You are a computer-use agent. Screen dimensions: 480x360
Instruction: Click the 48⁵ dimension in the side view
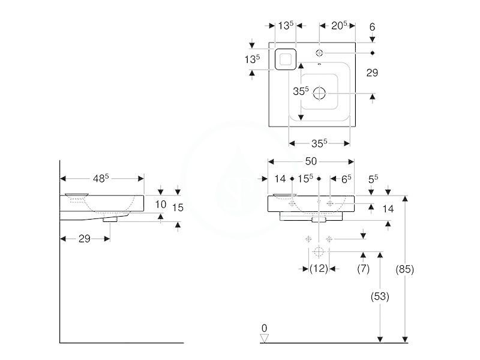coord(101,178)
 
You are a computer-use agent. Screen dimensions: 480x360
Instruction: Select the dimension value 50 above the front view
coord(311,161)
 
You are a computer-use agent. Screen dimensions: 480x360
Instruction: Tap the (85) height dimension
coord(404,269)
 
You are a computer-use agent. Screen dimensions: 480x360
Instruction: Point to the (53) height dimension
coord(380,296)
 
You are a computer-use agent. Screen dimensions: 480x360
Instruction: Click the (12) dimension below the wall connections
coord(319,268)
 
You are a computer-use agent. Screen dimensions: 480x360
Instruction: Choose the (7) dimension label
coord(364,268)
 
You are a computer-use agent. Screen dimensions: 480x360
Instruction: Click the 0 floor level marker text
coord(264,328)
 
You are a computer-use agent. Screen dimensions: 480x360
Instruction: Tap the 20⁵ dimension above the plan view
coord(339,25)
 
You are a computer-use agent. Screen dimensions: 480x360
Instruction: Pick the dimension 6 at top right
coord(372,27)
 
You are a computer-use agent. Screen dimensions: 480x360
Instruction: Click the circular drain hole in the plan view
coord(319,94)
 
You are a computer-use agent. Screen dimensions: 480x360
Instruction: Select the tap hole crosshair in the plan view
coord(319,53)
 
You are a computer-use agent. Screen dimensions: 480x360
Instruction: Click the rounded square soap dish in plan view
coord(286,59)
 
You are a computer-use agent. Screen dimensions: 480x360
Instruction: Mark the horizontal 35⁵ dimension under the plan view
coord(319,143)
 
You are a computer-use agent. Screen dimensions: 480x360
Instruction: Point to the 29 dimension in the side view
coord(84,238)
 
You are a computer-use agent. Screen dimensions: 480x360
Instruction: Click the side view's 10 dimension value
coord(160,204)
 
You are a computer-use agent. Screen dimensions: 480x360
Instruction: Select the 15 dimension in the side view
coord(178,208)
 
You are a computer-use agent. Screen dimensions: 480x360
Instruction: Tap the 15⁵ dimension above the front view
coord(305,178)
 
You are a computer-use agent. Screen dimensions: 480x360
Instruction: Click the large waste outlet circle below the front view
coord(319,251)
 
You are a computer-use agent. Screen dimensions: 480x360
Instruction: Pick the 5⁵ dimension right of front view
coord(373,179)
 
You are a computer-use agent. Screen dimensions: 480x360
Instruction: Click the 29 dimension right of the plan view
coord(372,73)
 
